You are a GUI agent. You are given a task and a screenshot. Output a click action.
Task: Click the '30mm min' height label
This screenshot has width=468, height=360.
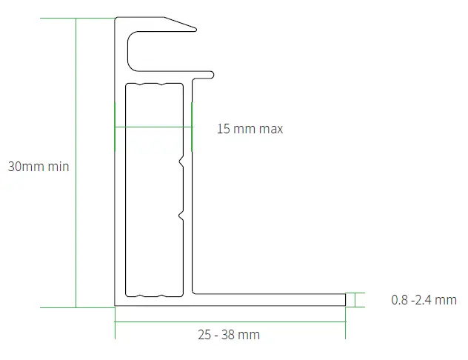click(x=39, y=167)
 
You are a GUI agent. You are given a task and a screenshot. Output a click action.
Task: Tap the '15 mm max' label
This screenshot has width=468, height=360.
click(x=250, y=129)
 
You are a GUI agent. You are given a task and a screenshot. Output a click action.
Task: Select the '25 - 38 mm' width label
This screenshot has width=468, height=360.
click(x=229, y=334)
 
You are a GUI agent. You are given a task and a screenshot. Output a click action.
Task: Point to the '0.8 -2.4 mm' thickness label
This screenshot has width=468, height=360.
click(x=424, y=300)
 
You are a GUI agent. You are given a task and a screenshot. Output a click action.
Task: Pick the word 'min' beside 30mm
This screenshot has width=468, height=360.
click(x=58, y=167)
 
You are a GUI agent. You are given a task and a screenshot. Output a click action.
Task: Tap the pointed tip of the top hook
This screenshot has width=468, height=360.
click(x=195, y=29)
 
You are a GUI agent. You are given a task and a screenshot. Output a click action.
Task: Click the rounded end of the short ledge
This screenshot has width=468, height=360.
click(x=212, y=73)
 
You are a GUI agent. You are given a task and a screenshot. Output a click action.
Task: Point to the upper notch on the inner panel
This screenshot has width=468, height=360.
click(x=181, y=160)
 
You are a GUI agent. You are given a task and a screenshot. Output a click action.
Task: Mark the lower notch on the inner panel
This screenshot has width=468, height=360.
click(x=181, y=216)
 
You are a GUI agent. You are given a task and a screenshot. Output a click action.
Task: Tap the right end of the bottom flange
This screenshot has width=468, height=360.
click(x=345, y=299)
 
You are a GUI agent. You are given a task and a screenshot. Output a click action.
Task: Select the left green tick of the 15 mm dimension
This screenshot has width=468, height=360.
click(x=115, y=127)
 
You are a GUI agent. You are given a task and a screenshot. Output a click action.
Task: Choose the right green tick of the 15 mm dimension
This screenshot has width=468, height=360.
click(x=192, y=127)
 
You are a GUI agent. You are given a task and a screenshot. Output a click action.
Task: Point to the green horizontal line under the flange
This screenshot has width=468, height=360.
click(x=230, y=321)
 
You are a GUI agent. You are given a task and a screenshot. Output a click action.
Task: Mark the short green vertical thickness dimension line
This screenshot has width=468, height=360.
click(x=356, y=299)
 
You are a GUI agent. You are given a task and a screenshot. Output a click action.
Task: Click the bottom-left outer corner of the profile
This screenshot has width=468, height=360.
click(x=116, y=304)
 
